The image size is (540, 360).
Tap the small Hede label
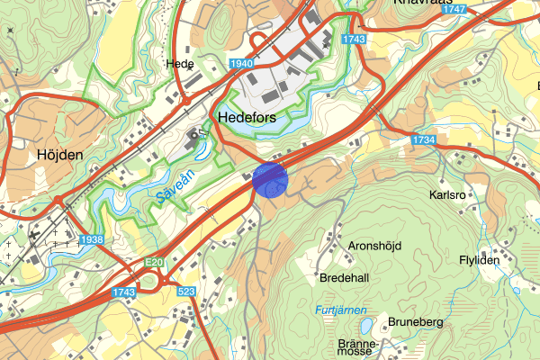[x=180, y=65]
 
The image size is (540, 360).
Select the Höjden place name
[x=59, y=155]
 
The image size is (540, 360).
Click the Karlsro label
[x=450, y=194]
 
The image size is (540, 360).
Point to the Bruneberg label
[x=415, y=322]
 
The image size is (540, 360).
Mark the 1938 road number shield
[x=92, y=241]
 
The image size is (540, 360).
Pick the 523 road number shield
[x=186, y=292]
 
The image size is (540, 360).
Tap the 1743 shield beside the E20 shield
[x=123, y=293]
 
